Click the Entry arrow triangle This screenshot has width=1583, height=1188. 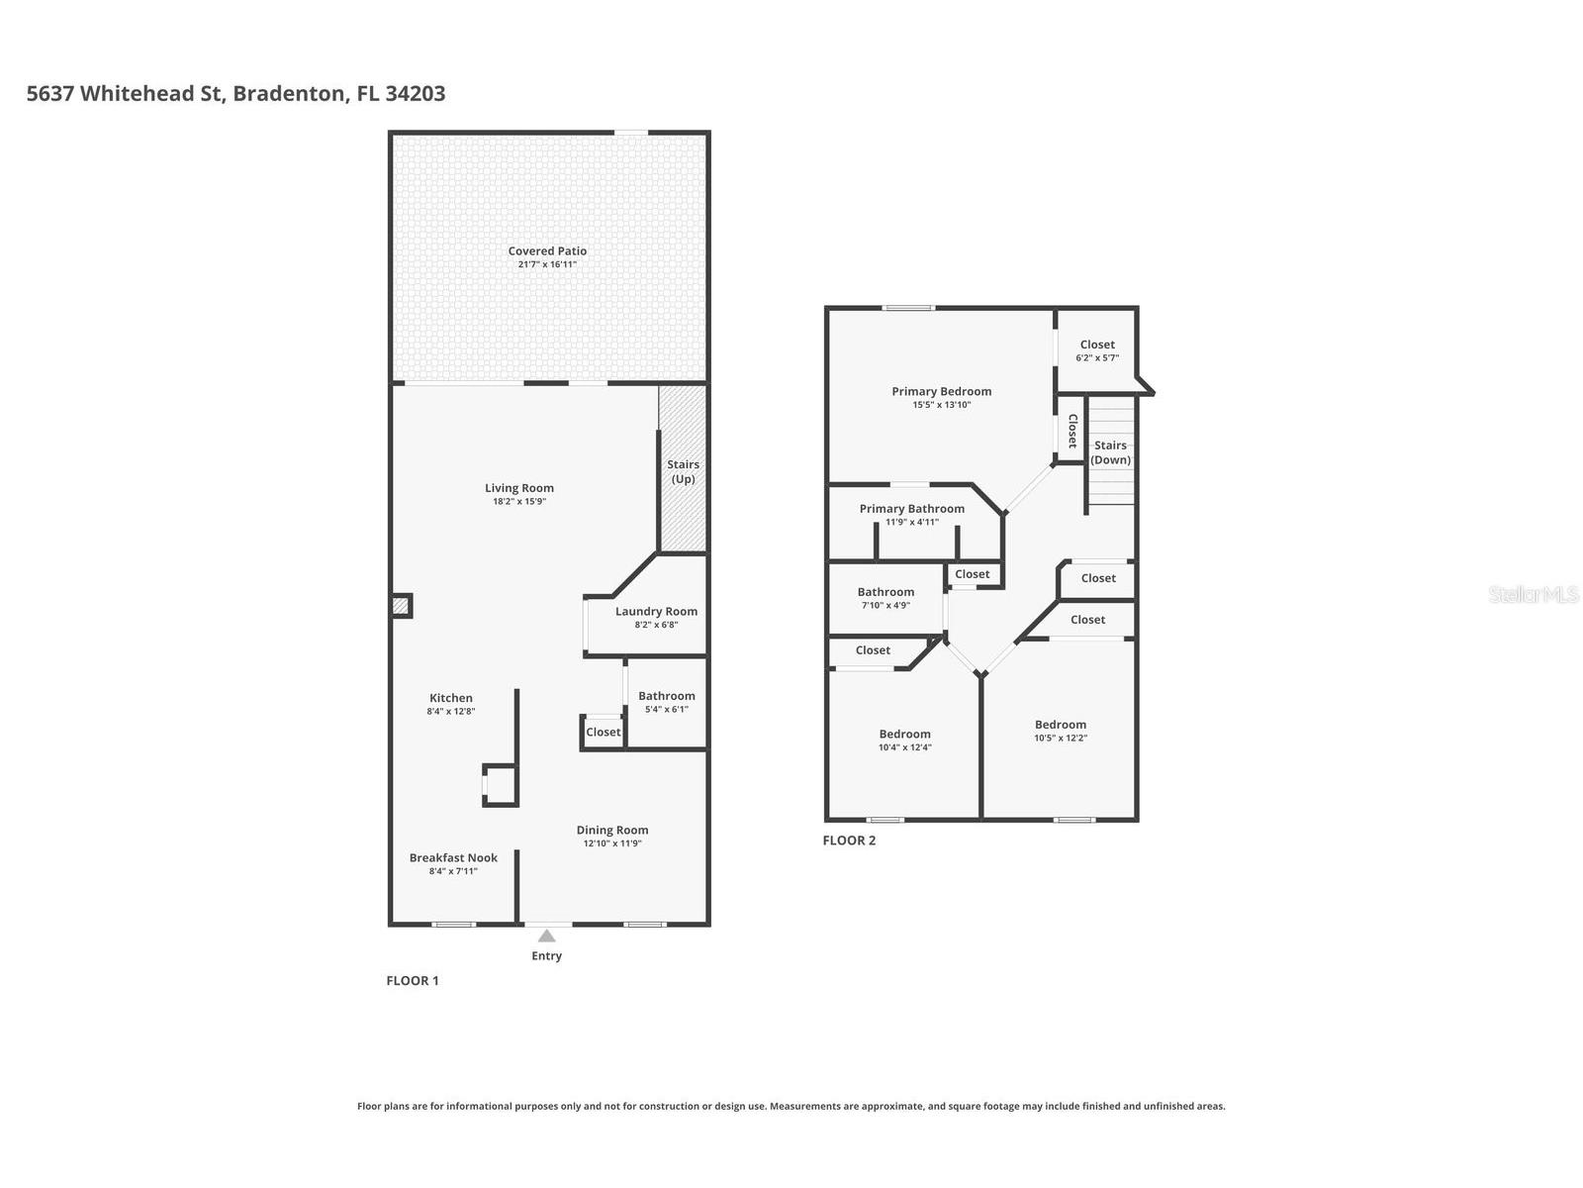pyautogui.click(x=546, y=936)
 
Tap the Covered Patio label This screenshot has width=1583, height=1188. pyautogui.click(x=547, y=251)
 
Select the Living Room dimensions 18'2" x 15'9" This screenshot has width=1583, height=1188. pyautogui.click(x=519, y=502)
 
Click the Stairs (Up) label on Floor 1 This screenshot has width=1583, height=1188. pyautogui.click(x=683, y=471)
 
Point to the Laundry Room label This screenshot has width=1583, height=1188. pyautogui.click(x=656, y=612)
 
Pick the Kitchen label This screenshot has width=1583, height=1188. pyautogui.click(x=451, y=698)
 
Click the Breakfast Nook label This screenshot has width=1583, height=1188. pyautogui.click(x=453, y=858)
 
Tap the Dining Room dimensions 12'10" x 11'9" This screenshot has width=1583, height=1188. pyautogui.click(x=612, y=843)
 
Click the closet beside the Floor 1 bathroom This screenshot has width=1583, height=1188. pyautogui.click(x=603, y=733)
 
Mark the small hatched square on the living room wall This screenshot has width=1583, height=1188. pyautogui.click(x=400, y=605)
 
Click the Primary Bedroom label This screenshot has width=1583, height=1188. pyautogui.click(x=941, y=391)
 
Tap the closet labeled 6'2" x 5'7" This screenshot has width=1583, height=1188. pyautogui.click(x=1096, y=350)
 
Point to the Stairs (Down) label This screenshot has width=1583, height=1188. pyautogui.click(x=1110, y=452)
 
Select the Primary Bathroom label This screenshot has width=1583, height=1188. pyautogui.click(x=911, y=509)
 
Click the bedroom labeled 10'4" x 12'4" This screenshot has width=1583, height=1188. pyautogui.click(x=904, y=741)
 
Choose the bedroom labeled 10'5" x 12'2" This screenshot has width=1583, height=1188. pyautogui.click(x=1061, y=731)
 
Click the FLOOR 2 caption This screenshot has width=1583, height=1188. pyautogui.click(x=849, y=841)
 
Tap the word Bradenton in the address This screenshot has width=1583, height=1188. pyautogui.click(x=290, y=94)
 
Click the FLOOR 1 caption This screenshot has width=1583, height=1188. pyautogui.click(x=412, y=980)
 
